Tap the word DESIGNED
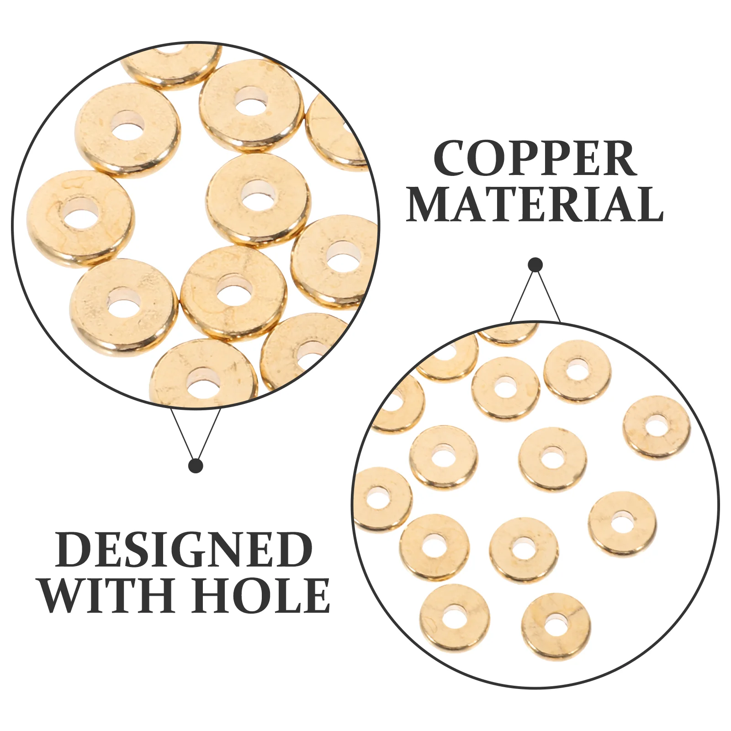(x=184, y=550)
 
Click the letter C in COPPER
(x=452, y=159)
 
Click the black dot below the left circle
(x=196, y=466)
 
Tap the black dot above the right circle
(x=535, y=265)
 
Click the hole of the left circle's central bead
(x=258, y=196)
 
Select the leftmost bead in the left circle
(x=80, y=217)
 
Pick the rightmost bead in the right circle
(x=657, y=427)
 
